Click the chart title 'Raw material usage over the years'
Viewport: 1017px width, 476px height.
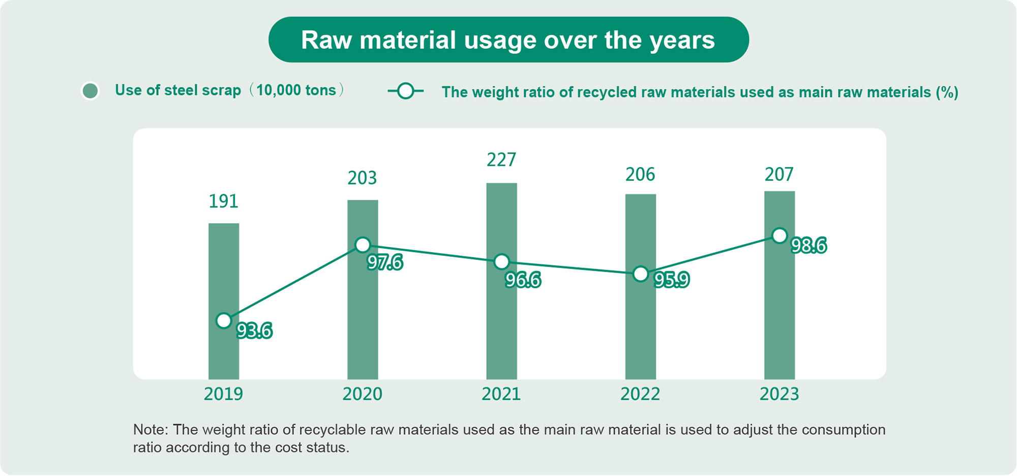pos(508,40)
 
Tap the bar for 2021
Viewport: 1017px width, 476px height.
pos(501,325)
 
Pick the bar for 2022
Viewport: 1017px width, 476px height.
pos(640,331)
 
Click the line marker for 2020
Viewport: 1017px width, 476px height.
pos(363,245)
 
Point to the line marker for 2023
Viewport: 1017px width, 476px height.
pos(780,236)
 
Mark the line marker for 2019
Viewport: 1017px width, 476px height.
pos(224,321)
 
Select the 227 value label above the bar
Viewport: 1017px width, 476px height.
pos(501,160)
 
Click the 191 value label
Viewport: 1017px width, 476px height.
pos(224,201)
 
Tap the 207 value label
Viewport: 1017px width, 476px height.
pos(779,174)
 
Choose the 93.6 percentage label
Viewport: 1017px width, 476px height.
pos(255,331)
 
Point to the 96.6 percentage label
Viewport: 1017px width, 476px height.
pos(523,280)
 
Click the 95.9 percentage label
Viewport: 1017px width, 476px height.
pos(671,280)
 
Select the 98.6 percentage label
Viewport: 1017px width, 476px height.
pos(809,246)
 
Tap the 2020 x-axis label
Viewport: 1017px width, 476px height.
pos(362,394)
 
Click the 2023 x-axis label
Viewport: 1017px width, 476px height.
pos(779,394)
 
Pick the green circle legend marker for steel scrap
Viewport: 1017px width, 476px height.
pos(91,91)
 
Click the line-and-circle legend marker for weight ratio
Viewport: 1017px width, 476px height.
pos(405,92)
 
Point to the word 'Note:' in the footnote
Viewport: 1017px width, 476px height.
pos(151,430)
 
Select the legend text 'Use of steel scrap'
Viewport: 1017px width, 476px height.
pos(178,91)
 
